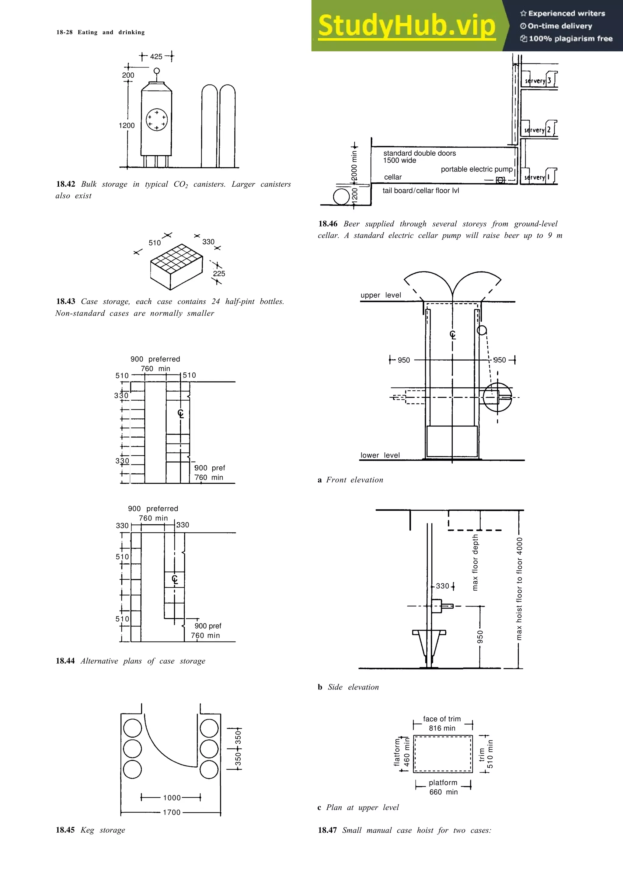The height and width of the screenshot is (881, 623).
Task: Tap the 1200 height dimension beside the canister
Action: pyautogui.click(x=127, y=126)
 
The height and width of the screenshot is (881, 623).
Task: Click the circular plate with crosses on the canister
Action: pyautogui.click(x=157, y=120)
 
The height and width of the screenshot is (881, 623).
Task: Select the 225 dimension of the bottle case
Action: pyautogui.click(x=219, y=274)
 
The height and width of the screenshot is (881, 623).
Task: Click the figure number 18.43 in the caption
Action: pyautogui.click(x=66, y=301)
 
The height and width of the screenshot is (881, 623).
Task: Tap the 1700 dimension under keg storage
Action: pyautogui.click(x=172, y=812)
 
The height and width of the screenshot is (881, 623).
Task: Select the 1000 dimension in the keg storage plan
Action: pyautogui.click(x=172, y=798)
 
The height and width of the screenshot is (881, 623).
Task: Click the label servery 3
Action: pyautogui.click(x=538, y=81)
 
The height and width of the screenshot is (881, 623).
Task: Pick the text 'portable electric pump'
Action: pyautogui.click(x=476, y=169)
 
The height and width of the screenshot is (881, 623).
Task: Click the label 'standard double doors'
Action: pyautogui.click(x=419, y=153)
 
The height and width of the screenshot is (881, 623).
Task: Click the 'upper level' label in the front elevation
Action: pyautogui.click(x=381, y=295)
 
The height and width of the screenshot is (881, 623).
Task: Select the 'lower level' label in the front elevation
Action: pyautogui.click(x=380, y=455)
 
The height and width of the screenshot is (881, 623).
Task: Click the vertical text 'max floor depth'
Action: pyautogui.click(x=475, y=562)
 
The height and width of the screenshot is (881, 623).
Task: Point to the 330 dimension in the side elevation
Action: pyautogui.click(x=442, y=586)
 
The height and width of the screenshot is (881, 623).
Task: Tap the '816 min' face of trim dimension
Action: pyautogui.click(x=442, y=728)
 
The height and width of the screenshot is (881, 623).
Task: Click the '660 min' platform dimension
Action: pyautogui.click(x=443, y=792)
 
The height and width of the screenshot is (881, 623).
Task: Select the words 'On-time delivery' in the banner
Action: pyautogui.click(x=560, y=26)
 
